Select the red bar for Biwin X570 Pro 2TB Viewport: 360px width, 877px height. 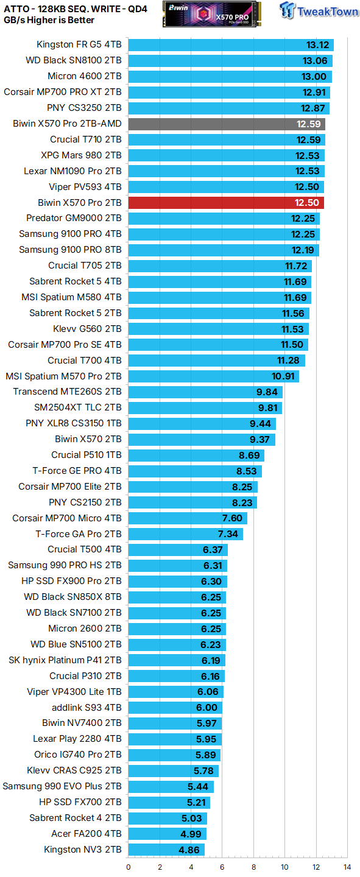coord(225,202)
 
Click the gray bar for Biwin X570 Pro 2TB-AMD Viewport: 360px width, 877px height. coord(225,124)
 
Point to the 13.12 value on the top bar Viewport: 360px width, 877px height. coord(317,44)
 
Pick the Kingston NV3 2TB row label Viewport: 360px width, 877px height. coord(82,849)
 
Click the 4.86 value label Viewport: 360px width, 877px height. coord(190,849)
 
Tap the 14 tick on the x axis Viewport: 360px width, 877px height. coord(347,867)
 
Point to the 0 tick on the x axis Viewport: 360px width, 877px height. coord(129,867)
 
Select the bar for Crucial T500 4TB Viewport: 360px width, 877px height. coord(178,549)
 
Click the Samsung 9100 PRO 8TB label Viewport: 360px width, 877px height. coord(70,250)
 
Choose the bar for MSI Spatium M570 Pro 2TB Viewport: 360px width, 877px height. coord(213,376)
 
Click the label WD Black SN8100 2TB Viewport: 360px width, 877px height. coord(73,60)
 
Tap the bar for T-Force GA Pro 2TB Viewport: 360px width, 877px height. coord(185,534)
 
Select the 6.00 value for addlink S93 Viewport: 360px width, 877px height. coord(207,707)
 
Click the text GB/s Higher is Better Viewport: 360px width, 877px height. coord(49,20)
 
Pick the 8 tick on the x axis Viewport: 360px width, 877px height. coord(253,867)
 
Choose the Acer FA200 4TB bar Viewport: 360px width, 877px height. coord(167,833)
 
